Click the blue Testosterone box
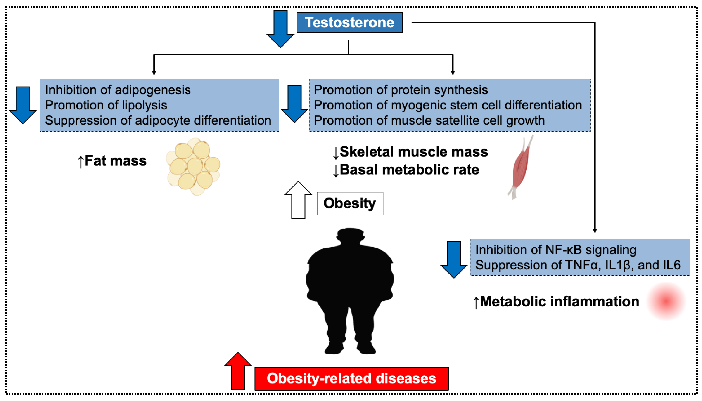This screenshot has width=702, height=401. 349,22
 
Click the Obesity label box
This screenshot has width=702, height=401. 350,203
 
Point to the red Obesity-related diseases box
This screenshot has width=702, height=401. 351,378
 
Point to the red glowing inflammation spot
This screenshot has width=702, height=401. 666,301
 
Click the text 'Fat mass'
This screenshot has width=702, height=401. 115,161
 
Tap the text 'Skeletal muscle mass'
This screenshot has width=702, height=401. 414,152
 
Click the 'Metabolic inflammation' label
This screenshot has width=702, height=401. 559,302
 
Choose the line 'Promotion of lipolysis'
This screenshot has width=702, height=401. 106,105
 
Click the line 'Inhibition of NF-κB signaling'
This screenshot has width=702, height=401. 556,250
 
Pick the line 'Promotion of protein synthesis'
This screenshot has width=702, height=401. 401,90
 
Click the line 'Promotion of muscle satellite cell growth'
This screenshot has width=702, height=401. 429,121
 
